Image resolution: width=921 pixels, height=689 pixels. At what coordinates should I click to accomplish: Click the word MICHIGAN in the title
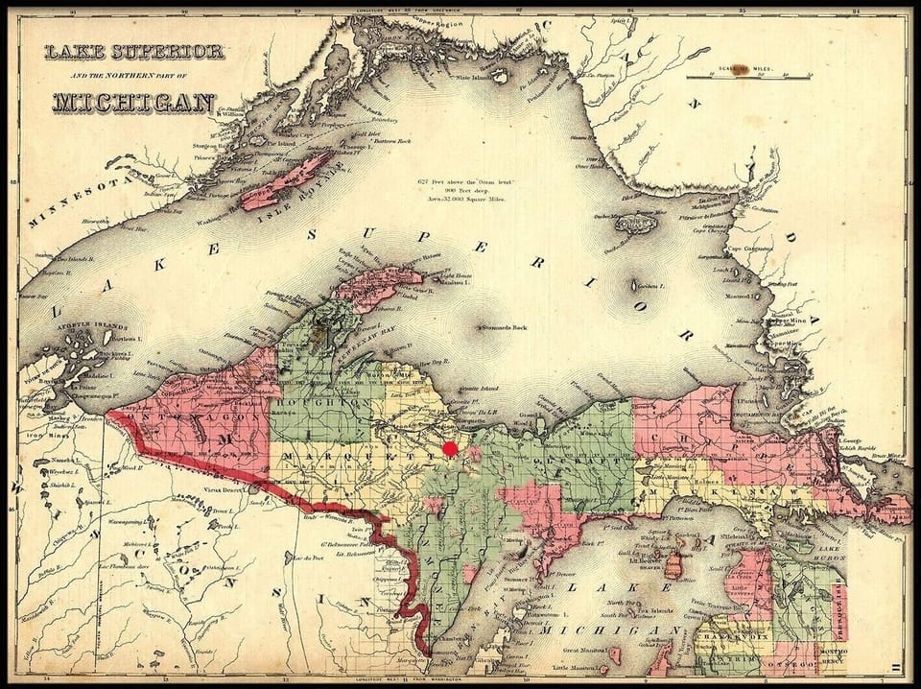[x=133, y=103]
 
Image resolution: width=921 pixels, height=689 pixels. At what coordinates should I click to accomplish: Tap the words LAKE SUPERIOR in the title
[x=133, y=52]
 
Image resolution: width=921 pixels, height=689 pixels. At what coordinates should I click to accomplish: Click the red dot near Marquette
[x=450, y=448]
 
